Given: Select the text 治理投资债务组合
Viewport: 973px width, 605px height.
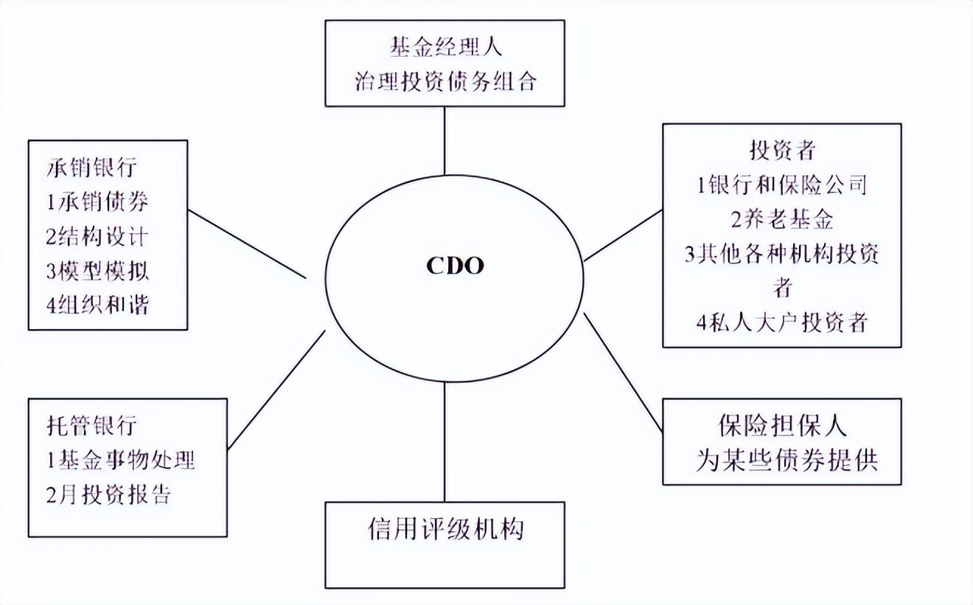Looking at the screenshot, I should click(x=445, y=80).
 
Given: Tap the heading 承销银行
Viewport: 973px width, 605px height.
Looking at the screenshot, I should click(x=91, y=167).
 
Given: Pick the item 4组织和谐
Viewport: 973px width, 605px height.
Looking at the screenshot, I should click(x=97, y=304).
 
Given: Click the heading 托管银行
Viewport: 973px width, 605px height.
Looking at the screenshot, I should click(x=91, y=426).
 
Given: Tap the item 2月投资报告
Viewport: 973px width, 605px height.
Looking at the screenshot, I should click(x=108, y=494).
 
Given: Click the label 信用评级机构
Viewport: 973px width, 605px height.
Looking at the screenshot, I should click(x=445, y=530).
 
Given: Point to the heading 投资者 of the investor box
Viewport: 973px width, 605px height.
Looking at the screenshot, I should click(x=781, y=151).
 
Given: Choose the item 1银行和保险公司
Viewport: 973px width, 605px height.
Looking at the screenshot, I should click(x=781, y=184).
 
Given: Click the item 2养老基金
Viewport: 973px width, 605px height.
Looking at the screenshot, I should click(x=781, y=219).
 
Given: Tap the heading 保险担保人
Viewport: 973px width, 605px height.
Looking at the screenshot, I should click(x=781, y=426).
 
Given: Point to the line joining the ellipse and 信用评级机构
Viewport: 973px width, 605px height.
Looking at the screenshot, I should click(x=445, y=443).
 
